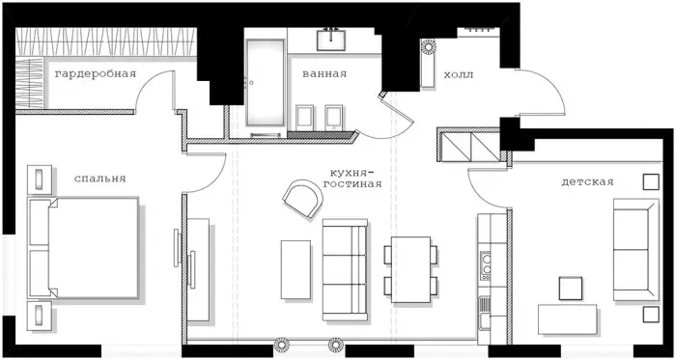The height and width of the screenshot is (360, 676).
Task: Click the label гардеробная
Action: pos(96,74)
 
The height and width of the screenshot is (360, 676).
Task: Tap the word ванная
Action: pos(324,73)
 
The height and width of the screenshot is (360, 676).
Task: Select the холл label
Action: pos(459,75)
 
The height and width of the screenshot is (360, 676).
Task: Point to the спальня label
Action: pos(99,179)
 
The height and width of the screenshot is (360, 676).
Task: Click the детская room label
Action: pos(587,182)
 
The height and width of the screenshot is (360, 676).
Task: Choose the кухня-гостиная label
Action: pos(355,179)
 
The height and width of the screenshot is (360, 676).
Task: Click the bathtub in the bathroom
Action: pos(266,82)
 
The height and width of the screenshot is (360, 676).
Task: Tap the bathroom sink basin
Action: pos(330,40)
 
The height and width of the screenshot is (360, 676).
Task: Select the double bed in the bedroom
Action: pos(83,248)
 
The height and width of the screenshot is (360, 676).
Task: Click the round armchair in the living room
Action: pos(303,198)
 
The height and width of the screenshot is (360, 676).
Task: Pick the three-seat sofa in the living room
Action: pos(345,270)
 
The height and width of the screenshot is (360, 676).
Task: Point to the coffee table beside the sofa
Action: pos(296,269)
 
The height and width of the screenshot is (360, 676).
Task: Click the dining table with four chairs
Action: pos(410,269)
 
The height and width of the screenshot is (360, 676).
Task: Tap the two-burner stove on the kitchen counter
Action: pos(486,265)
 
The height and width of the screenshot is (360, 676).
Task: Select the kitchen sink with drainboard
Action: pos(485,313)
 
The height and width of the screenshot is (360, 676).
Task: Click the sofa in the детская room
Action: pos(635,249)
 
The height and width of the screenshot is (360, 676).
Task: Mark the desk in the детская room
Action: pos(568,319)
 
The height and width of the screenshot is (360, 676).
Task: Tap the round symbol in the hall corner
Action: pos(429,46)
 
